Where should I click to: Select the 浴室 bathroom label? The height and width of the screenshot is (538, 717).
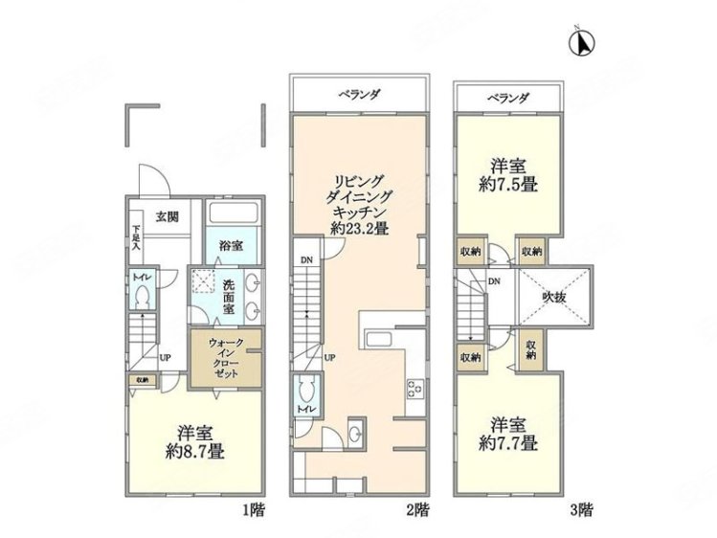click(230, 245)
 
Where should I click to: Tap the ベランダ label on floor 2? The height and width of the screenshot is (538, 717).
click(358, 96)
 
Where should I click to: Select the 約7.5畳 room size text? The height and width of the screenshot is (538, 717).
click(504, 185)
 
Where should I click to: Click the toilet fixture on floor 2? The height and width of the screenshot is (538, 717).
click(307, 391)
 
